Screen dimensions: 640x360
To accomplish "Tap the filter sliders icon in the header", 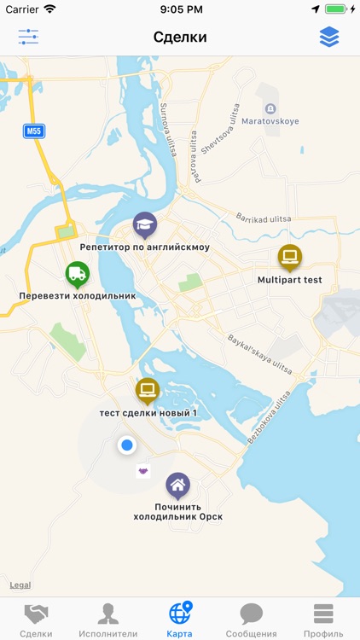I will [28, 37].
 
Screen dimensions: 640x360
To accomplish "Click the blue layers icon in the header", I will [329, 37].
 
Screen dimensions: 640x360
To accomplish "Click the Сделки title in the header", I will [180, 37].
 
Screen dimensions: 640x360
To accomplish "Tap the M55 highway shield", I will [33, 131].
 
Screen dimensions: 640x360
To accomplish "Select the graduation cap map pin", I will [145, 226].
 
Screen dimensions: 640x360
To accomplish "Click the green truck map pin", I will [78, 275].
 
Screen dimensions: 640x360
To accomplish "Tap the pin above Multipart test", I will [290, 257].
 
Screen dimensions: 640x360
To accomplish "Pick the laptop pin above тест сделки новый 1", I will [148, 391].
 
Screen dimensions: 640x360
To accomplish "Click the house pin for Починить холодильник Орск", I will [177, 486].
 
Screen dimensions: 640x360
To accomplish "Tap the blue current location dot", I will [127, 445].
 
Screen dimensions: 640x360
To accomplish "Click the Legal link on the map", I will [20, 585].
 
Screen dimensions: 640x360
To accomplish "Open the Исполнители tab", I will [107, 620].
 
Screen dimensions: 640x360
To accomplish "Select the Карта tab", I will [180, 620].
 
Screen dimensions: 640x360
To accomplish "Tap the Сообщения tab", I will [251, 620].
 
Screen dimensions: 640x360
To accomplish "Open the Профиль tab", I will [323, 620].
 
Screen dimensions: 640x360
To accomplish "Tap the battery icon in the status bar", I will [336, 9].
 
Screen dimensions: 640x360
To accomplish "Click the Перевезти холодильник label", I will [78, 296].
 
